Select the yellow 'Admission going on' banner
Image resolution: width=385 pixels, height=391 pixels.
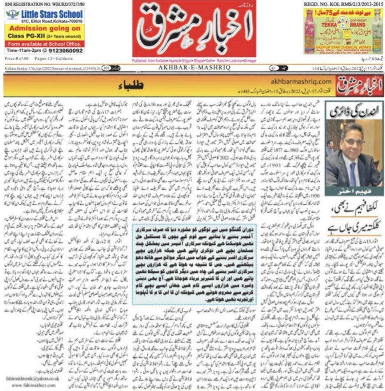tap(45, 29)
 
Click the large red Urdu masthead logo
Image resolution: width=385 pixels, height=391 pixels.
tap(194, 28)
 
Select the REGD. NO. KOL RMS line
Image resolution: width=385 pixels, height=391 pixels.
tap(341, 3)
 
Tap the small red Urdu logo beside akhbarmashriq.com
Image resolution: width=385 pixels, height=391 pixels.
tap(357, 86)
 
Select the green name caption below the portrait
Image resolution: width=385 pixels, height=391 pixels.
tap(353, 193)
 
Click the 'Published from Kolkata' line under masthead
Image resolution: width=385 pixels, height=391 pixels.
tap(194, 60)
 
